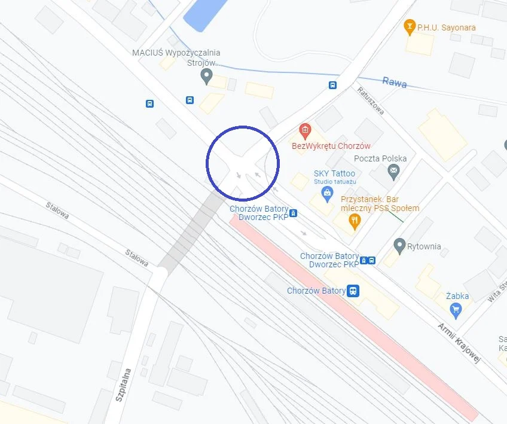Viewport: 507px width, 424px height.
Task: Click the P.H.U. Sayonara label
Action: pyautogui.click(x=438, y=28)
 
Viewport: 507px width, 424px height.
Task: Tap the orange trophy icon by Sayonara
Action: pyautogui.click(x=410, y=26)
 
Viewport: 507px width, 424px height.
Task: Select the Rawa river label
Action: pyautogui.click(x=395, y=82)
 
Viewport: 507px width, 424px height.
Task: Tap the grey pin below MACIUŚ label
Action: pyautogui.click(x=207, y=76)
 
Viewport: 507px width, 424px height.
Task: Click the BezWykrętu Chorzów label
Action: pyautogui.click(x=331, y=146)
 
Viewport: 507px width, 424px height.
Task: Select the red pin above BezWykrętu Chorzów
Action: pyautogui.click(x=305, y=130)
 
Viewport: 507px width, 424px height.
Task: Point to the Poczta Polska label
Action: pyautogui.click(x=380, y=158)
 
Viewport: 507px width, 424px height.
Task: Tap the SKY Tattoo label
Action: pyautogui.click(x=334, y=174)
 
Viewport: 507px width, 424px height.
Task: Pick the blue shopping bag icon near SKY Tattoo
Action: pyautogui.click(x=326, y=193)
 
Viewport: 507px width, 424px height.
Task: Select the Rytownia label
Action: pyautogui.click(x=424, y=246)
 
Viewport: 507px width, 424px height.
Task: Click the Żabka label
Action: pyautogui.click(x=457, y=296)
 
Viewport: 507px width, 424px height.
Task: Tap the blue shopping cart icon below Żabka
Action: pyautogui.click(x=456, y=309)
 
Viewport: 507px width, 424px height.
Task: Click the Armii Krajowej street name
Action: pyautogui.click(x=459, y=343)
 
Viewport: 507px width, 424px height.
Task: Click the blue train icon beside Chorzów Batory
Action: pyautogui.click(x=353, y=291)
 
